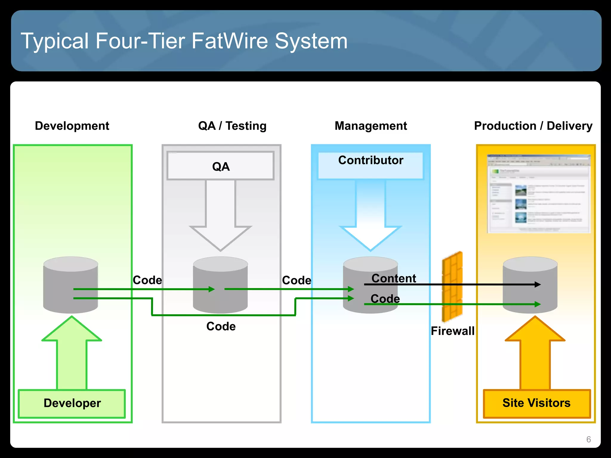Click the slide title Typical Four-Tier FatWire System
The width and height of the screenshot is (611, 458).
coord(184,41)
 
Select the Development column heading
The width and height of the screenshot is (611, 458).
coord(72,126)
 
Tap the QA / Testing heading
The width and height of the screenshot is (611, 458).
coord(232,126)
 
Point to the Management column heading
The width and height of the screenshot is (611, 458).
coord(371,126)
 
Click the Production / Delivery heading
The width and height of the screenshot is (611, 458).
coord(533,126)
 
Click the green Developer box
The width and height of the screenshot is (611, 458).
coord(72,403)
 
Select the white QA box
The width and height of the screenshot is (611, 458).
coord(221,166)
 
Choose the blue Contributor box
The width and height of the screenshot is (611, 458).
coord(371,165)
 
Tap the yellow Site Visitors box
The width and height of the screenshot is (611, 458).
coord(536,403)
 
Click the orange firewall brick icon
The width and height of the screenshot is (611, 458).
coord(452,286)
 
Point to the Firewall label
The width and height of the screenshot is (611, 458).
coord(452,331)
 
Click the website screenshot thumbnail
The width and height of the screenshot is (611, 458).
coord(539,194)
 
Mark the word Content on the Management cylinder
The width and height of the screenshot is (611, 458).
coord(394,278)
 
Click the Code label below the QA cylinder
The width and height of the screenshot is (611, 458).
coord(221,326)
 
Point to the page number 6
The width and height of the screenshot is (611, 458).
coord(588,439)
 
